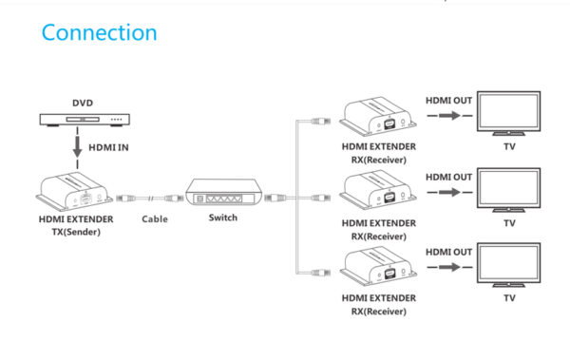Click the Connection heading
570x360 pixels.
pos(100,32)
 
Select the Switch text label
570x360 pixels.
pos(223,218)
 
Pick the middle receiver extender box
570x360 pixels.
pos(379,194)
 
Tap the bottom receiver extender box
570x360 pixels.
pos(379,269)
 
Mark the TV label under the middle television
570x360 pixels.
pos(509,223)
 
